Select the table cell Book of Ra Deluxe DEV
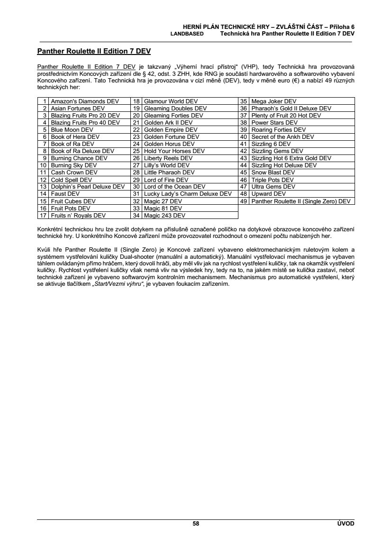pos(82,151)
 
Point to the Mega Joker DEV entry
pos(273,101)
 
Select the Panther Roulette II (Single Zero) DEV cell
pos(301,201)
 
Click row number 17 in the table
pos(43,215)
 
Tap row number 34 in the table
pos(136,215)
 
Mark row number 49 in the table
pos(244,201)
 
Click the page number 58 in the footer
pos(196,524)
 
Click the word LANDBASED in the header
pos(187,34)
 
